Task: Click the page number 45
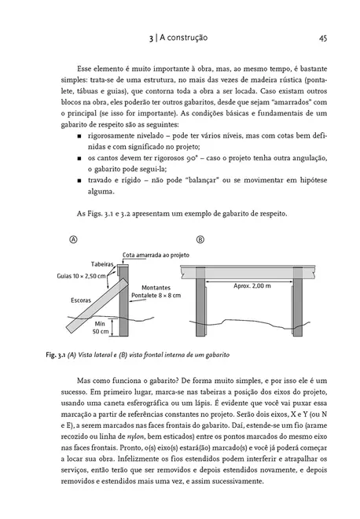pos(323,36)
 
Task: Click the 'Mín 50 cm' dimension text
pos(99,327)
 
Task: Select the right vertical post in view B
pos(306,310)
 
